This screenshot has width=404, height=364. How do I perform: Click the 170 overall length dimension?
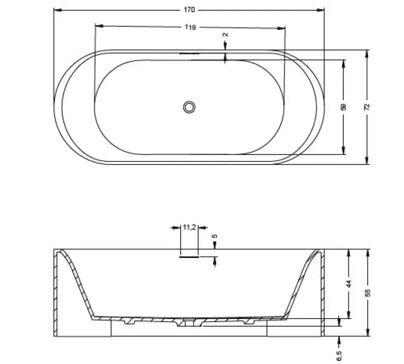point(189,10)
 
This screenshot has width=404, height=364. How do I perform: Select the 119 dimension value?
point(190,28)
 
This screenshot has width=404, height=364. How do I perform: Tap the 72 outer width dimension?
point(367,107)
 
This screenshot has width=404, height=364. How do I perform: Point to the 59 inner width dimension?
point(343,107)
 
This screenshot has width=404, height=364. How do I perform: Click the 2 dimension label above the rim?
point(225,35)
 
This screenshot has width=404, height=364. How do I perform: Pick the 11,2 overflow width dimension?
point(189,228)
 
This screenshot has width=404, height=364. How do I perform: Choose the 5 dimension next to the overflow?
point(215,236)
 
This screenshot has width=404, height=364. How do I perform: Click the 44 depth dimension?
point(348,284)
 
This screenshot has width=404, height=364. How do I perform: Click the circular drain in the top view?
point(189,107)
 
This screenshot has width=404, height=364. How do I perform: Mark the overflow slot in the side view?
point(189,256)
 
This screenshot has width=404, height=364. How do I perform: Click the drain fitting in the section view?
point(189,321)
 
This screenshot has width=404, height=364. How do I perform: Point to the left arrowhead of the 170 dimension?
point(56,10)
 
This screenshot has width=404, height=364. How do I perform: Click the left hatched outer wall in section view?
point(57,293)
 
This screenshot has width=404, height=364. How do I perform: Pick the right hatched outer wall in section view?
point(322,293)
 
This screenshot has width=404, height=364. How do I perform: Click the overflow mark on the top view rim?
point(189,53)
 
